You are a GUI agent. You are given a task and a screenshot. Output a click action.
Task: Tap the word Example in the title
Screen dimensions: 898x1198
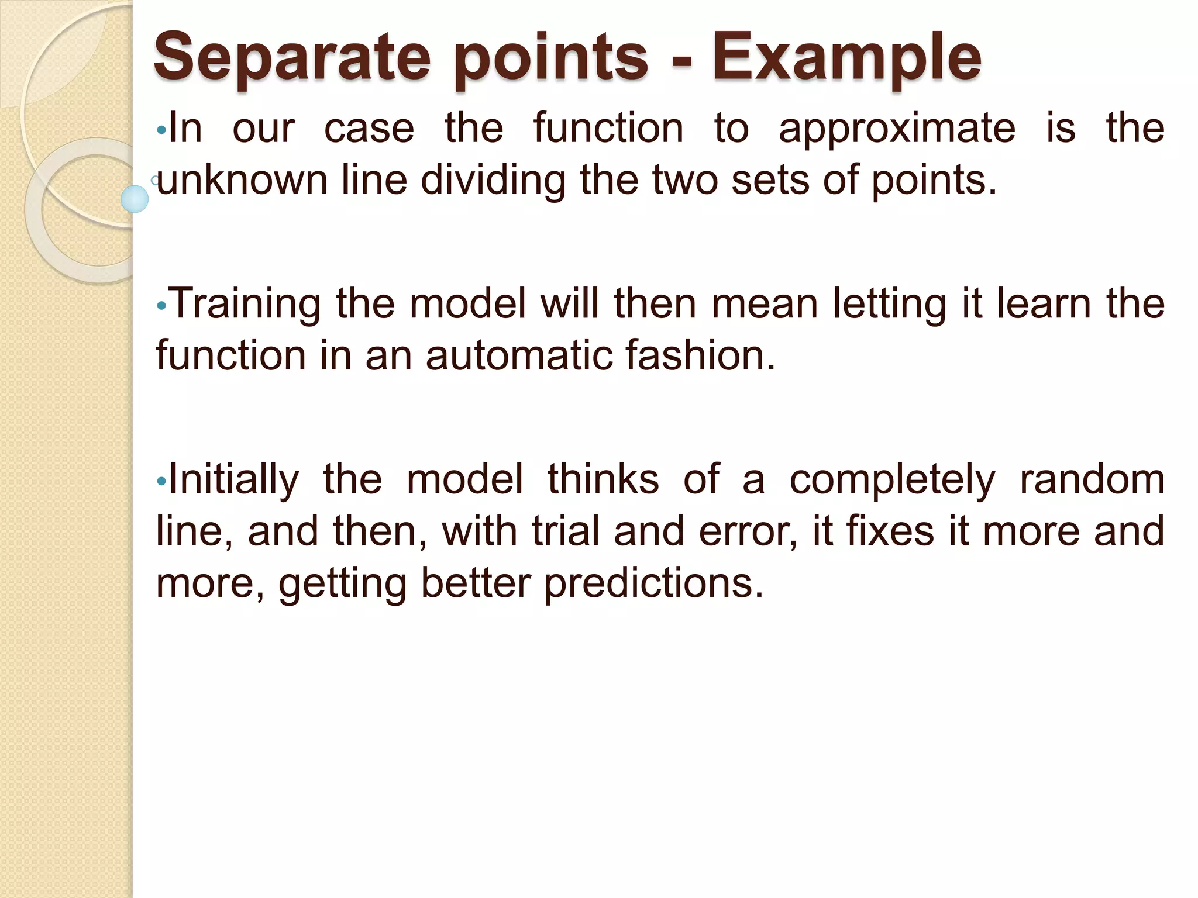846,57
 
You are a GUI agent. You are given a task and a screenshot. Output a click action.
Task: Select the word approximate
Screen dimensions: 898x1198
897,129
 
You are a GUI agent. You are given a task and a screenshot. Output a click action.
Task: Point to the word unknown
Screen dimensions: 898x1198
242,180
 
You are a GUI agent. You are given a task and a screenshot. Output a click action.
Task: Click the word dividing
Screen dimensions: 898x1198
493,180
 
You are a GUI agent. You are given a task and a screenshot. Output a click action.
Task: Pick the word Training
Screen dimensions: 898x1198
246,304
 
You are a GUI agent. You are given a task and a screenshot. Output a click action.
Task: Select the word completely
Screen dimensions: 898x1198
892,479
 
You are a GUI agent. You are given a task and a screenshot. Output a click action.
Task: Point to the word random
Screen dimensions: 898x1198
1092,479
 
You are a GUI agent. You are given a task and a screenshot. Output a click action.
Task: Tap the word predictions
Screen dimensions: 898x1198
653,583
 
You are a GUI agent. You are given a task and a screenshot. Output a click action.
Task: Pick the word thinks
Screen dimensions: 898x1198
603,479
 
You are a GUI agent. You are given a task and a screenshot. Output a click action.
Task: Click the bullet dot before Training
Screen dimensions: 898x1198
162,305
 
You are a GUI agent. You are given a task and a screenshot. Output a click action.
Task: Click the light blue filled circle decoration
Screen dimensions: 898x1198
135,199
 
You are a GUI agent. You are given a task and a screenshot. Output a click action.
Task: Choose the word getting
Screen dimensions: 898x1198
342,583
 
